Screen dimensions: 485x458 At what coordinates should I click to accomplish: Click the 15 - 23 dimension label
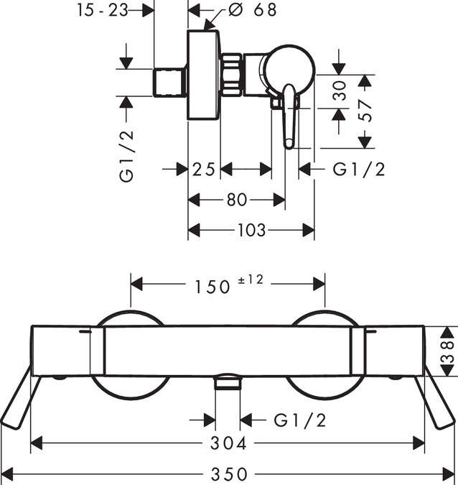click(108, 10)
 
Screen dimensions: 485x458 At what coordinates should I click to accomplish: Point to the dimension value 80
click(236, 200)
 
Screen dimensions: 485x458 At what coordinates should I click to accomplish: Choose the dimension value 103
click(251, 231)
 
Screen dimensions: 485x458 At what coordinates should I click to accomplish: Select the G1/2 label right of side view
click(359, 170)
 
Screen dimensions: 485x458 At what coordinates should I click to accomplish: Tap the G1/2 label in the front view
click(301, 419)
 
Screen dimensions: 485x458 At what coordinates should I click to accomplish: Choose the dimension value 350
click(229, 474)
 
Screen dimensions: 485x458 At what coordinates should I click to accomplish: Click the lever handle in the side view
click(290, 115)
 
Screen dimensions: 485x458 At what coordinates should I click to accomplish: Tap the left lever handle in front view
click(17, 402)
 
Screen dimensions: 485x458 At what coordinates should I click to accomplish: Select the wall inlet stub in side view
click(171, 82)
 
